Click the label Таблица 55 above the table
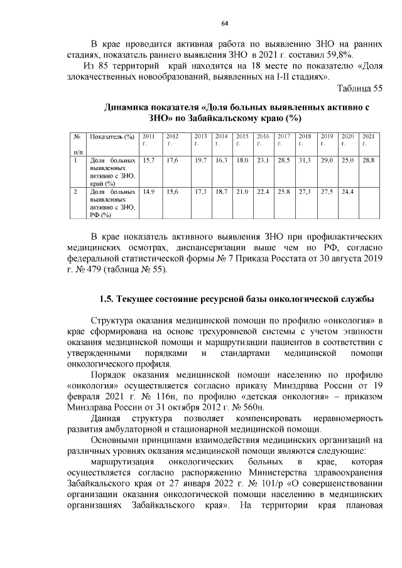tap(359, 88)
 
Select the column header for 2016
tap(263, 139)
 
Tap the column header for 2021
tap(369, 139)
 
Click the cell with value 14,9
tap(149, 191)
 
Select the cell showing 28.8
tap(369, 161)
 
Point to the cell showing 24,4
tap(347, 191)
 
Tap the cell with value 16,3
tap(221, 161)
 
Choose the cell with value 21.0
tap(242, 191)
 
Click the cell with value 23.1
tap(263, 161)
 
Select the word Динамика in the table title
tap(129, 107)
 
